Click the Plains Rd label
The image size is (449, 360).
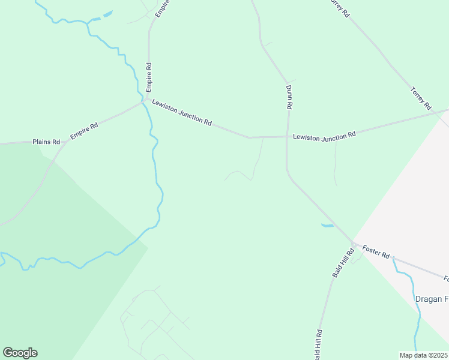[x=47, y=142]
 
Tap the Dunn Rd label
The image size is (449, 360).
[x=289, y=97]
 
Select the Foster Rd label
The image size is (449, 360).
[x=376, y=252]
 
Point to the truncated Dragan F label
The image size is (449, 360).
[x=432, y=299]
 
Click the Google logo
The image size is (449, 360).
[x=20, y=353]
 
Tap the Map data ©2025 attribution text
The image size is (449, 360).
[x=424, y=355]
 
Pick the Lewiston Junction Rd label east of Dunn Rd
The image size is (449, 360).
[x=324, y=136]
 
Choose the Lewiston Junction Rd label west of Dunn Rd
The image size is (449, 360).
[x=182, y=112]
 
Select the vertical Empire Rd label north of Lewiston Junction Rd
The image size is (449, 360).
[x=148, y=77]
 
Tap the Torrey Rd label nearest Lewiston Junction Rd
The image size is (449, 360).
[x=421, y=98]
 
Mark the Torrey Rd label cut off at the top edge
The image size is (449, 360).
[x=339, y=7]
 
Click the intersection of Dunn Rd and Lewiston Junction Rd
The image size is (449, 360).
[x=287, y=136]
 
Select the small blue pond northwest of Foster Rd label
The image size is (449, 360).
[x=327, y=226]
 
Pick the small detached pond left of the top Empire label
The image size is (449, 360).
[x=107, y=14]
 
